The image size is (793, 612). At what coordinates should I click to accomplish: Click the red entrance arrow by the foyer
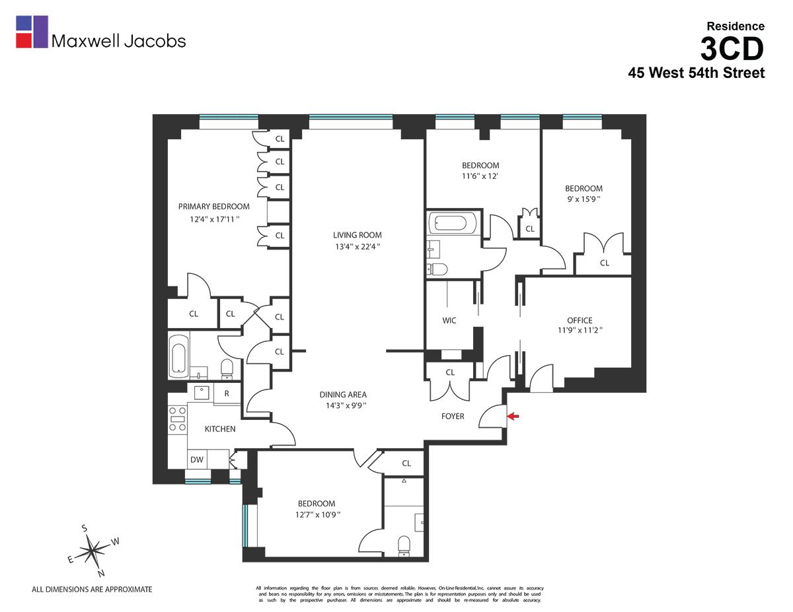tap(513, 416)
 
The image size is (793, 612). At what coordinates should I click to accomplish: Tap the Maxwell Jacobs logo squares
tap(32, 32)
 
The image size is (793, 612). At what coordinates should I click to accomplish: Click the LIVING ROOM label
tap(357, 235)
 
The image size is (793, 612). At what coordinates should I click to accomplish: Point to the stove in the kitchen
tap(177, 419)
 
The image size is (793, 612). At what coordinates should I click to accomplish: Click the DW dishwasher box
tap(197, 459)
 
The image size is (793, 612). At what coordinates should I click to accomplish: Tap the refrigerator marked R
tap(227, 393)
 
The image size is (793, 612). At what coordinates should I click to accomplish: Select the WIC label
tap(449, 321)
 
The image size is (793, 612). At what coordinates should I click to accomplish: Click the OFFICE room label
tap(580, 320)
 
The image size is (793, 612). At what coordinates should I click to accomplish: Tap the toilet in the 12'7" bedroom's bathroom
tap(404, 545)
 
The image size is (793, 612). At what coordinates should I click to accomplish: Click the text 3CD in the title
tap(732, 49)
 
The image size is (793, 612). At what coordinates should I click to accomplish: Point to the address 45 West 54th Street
tap(696, 73)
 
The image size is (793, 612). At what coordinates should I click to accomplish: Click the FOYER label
tap(453, 417)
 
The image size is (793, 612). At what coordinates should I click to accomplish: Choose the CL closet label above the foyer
tap(450, 372)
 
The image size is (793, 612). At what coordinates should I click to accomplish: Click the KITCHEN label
tap(219, 429)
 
